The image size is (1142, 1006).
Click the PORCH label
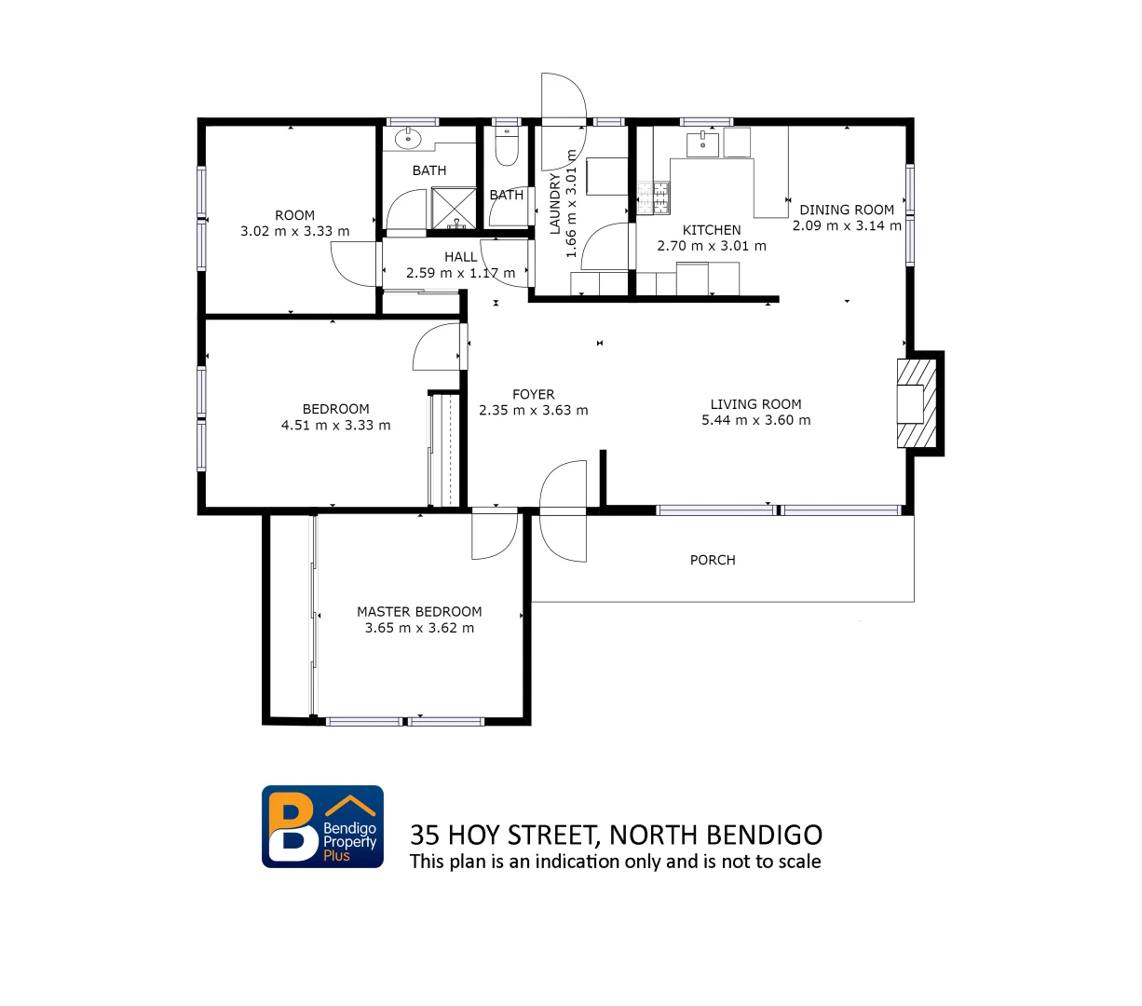(x=713, y=560)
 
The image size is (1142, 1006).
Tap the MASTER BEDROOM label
(x=419, y=612)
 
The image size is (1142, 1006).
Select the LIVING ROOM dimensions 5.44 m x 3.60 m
(x=755, y=420)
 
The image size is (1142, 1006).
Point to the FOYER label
(x=533, y=394)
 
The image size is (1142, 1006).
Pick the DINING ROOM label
(x=846, y=210)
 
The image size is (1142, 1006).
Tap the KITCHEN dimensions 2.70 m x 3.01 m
(x=712, y=246)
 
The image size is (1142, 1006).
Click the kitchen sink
(x=700, y=143)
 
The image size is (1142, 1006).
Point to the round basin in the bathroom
(x=407, y=140)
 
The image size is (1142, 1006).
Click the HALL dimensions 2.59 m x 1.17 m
(x=460, y=273)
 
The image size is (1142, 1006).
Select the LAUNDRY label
(x=555, y=203)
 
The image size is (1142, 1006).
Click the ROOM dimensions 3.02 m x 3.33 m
(x=294, y=231)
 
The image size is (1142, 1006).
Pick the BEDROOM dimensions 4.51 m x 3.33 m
(x=335, y=425)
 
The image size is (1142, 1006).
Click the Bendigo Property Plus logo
(x=322, y=826)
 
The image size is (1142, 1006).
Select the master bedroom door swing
(x=494, y=536)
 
